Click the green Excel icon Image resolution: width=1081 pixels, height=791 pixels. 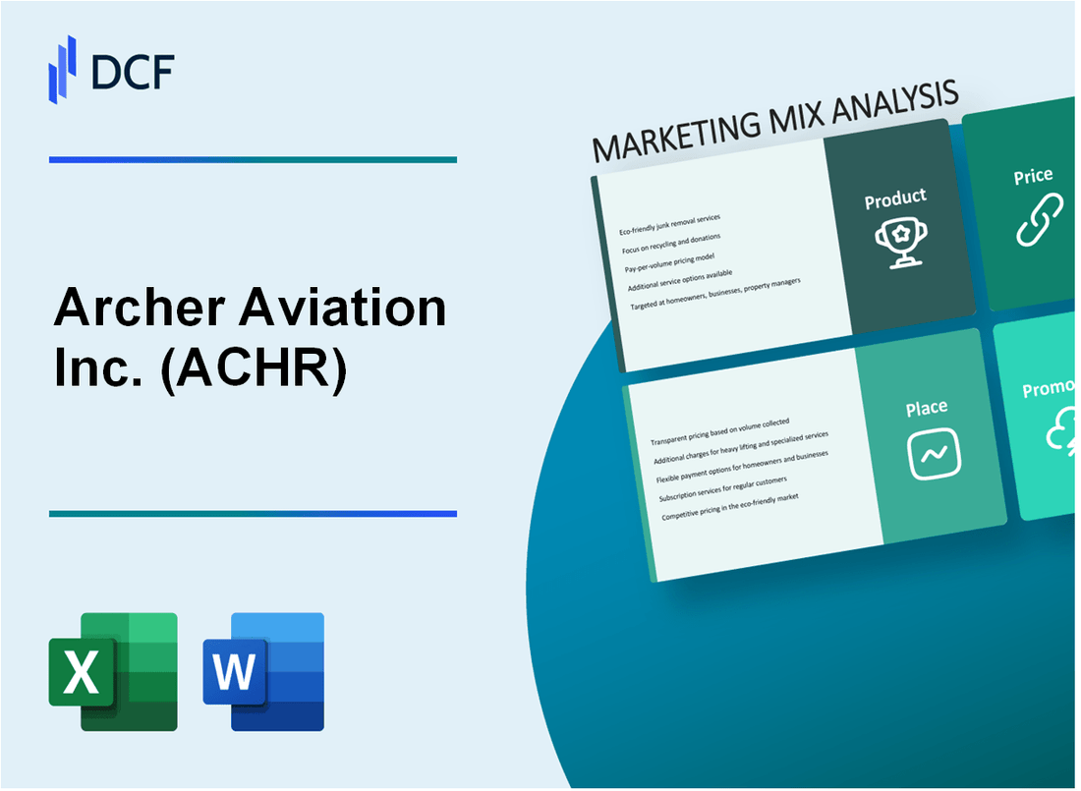pos(113,672)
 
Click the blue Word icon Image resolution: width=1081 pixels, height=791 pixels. pos(263,672)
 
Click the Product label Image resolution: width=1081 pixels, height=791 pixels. pos(895,198)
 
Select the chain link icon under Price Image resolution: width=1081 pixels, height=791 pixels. pos(1039,219)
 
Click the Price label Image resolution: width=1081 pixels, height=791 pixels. pos(1033,177)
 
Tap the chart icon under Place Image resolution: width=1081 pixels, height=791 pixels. pos(934,453)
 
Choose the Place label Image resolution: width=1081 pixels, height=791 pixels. pos(927,407)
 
